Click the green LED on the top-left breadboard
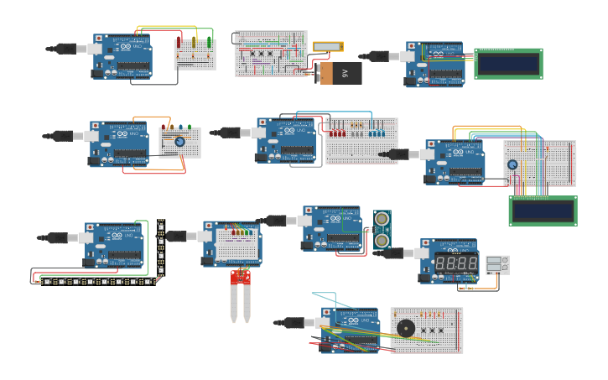210,42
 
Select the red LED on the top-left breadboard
179,42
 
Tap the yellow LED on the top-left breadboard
195,42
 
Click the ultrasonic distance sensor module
382,230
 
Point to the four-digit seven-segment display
456,264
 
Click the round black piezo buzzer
406,328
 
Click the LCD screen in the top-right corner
508,64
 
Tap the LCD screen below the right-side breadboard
543,211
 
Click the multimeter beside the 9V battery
328,47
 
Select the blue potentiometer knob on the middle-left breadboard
179,142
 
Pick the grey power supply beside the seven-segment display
497,265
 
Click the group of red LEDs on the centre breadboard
337,132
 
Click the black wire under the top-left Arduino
164,84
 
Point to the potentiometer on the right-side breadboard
512,164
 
